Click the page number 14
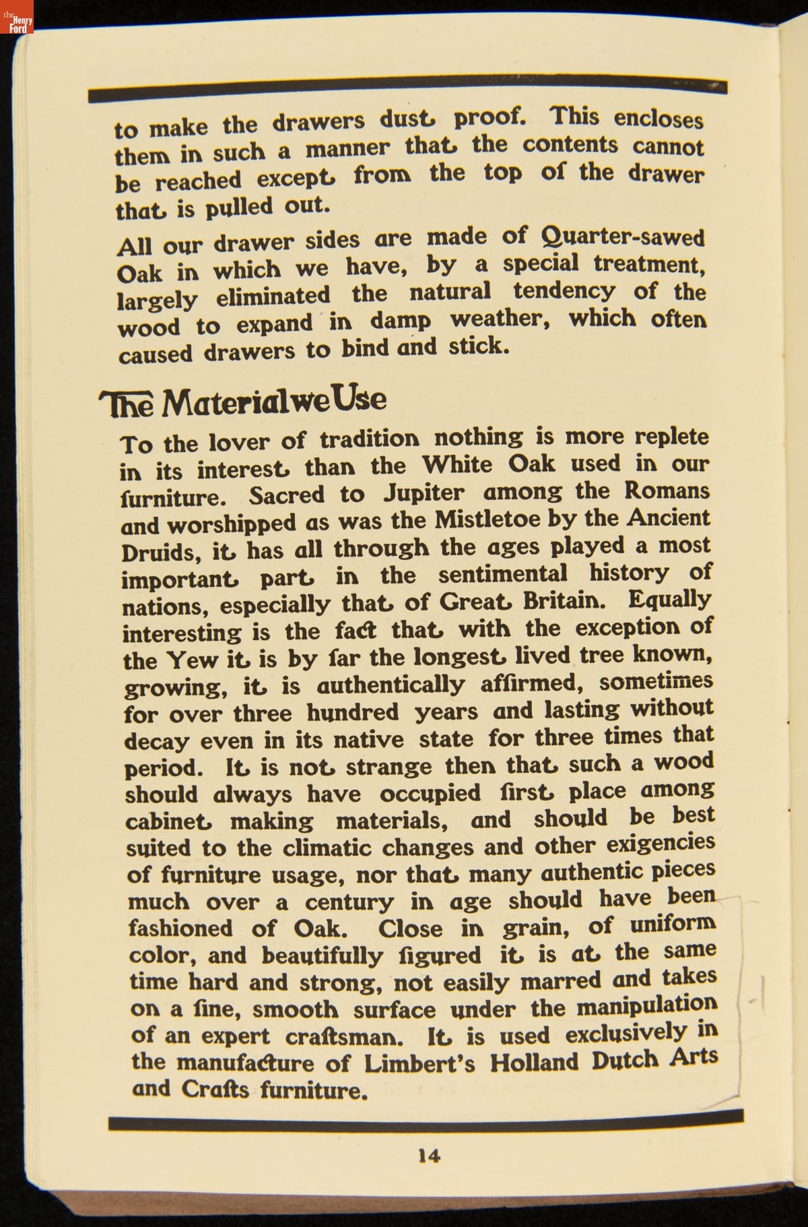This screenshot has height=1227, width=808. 429,1156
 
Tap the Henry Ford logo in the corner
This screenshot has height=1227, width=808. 17,22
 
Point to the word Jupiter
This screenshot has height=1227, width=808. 424,493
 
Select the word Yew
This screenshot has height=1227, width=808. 191,660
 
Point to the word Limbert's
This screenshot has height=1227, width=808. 419,1063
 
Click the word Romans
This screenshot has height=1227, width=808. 666,490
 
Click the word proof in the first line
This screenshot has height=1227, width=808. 489,117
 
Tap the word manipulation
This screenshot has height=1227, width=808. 646,1005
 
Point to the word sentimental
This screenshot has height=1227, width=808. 503,574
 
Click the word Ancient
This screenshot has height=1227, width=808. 668,517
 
